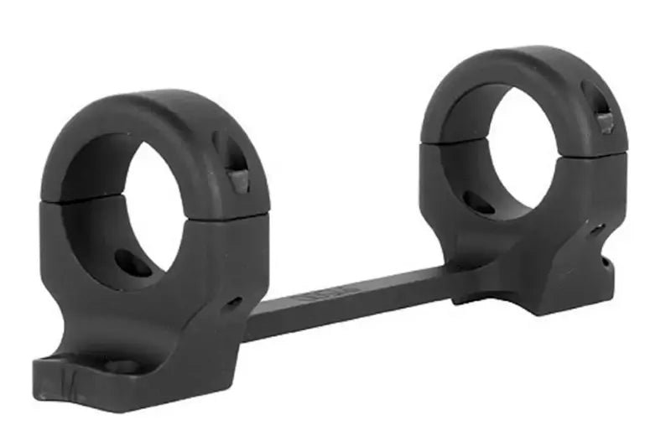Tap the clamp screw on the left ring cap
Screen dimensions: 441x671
(239, 181)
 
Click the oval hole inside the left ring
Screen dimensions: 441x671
(133, 263)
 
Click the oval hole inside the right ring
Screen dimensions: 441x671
(478, 202)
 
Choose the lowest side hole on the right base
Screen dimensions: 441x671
(606, 261)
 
